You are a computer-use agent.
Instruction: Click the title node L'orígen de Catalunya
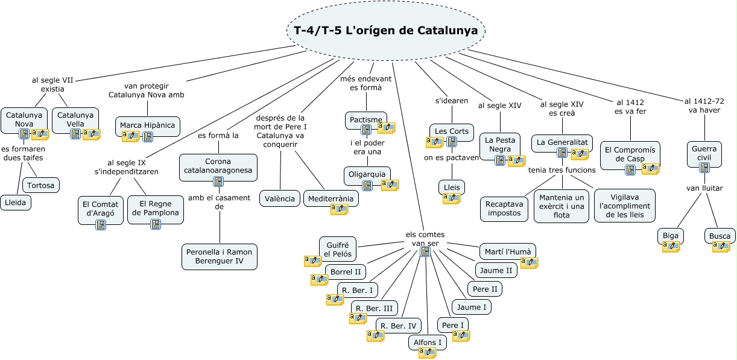tap(385, 31)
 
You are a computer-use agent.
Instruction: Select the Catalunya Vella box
tap(75, 119)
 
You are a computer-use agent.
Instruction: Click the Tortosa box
tap(41, 185)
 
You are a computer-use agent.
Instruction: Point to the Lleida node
tap(16, 203)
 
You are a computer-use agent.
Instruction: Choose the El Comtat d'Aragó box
tap(100, 208)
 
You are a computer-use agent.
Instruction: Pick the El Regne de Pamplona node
tap(155, 208)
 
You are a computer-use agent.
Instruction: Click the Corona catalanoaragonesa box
tap(218, 166)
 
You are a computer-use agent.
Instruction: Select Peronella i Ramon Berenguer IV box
tap(219, 256)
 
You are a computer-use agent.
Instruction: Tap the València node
tap(280, 198)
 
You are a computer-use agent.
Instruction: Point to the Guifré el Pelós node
tap(338, 248)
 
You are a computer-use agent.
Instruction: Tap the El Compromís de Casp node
tap(630, 154)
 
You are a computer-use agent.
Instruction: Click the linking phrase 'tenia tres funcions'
tap(561, 170)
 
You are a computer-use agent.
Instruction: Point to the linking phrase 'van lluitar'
tap(704, 188)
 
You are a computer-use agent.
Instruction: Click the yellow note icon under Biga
tap(671, 246)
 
